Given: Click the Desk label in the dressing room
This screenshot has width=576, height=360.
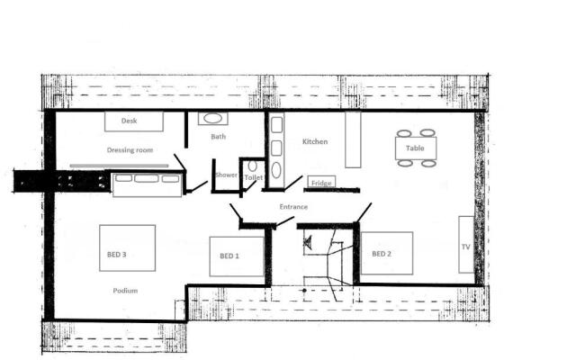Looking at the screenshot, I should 130,121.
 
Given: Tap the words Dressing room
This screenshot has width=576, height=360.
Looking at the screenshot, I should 126,150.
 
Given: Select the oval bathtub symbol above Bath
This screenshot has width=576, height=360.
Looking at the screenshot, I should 213,118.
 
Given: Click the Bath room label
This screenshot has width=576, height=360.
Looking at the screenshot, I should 219,138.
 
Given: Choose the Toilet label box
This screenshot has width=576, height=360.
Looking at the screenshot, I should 253,178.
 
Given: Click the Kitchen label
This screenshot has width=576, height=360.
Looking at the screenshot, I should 315,142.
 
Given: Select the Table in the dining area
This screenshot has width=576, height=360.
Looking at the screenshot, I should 415,148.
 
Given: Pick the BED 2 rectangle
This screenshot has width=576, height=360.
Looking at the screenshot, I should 387,254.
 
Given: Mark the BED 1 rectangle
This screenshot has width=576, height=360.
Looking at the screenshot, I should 236,256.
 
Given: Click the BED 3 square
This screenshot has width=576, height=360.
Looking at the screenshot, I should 127,254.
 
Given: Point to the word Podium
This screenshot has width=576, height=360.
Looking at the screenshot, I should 125,291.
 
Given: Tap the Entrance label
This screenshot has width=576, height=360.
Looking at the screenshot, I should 293,208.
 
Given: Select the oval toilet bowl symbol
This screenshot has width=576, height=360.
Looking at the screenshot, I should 253,166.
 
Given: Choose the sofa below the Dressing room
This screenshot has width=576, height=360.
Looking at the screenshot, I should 146,184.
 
